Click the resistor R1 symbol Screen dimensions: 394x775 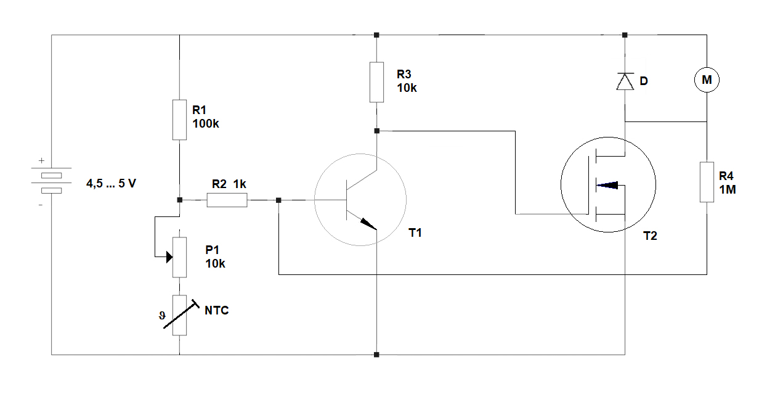(179, 120)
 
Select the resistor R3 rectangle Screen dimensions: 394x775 (377, 82)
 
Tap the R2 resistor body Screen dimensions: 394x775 (227, 200)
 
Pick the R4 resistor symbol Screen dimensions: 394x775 (707, 182)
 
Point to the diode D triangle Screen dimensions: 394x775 (625, 82)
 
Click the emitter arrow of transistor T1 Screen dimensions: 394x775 (368, 224)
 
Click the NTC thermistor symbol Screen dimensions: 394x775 (179, 315)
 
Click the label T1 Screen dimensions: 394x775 (416, 233)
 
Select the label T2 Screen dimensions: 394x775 (649, 236)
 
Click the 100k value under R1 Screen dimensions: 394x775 (206, 123)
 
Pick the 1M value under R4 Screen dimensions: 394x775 (728, 190)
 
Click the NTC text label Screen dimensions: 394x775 (216, 310)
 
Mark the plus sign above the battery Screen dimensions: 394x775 (41, 161)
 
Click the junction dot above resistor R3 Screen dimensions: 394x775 (377, 35)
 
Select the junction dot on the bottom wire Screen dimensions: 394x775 (377, 355)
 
